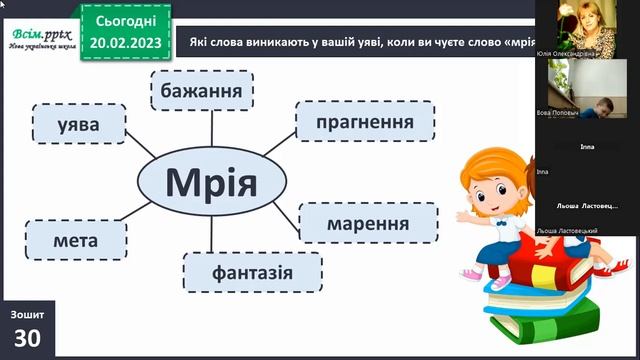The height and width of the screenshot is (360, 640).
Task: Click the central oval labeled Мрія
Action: point(211,183)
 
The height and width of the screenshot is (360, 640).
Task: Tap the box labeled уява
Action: point(79,125)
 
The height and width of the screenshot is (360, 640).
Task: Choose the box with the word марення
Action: point(368,223)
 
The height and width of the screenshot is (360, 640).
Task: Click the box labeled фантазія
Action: point(252,272)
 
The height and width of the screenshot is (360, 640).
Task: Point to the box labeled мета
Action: point(77,240)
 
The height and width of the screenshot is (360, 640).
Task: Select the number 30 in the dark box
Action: point(27,339)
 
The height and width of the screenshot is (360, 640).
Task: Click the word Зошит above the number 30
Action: point(27,314)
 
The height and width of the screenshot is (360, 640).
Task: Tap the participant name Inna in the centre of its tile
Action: point(587,147)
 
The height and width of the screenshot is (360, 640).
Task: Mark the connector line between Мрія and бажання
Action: point(211,129)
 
